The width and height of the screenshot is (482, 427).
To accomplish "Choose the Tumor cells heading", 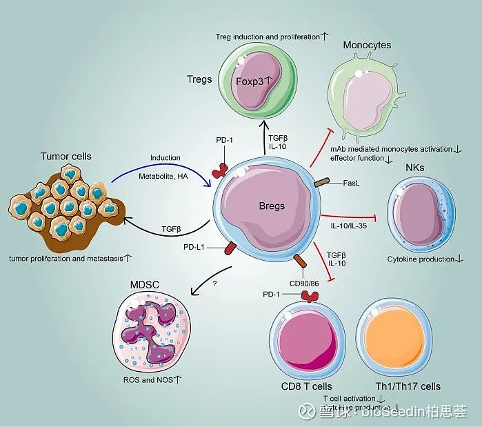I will (65, 156).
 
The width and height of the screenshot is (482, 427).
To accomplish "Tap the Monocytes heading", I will (367, 45).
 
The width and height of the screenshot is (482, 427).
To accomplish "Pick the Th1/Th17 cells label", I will (408, 386).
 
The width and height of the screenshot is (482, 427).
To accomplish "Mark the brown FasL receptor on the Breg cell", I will (322, 184).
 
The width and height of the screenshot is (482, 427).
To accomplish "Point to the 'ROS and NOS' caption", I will (150, 379).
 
